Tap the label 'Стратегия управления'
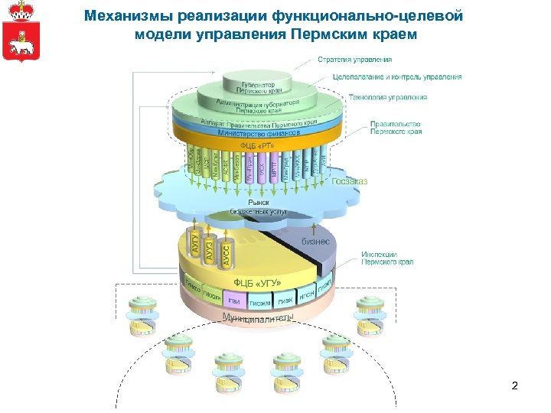tap(366, 59)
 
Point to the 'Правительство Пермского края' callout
tap(396, 127)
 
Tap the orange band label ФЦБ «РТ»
tap(256, 145)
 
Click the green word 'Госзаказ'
tap(350, 181)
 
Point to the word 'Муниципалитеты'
tap(257, 317)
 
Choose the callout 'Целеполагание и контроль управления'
tap(397, 77)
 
